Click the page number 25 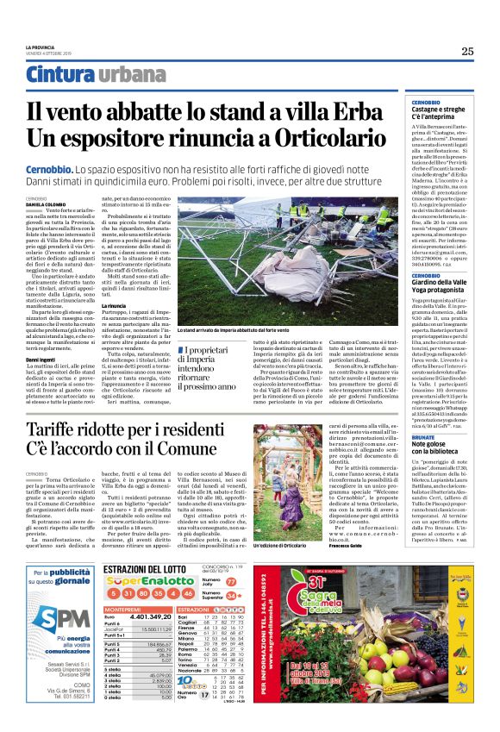(466, 51)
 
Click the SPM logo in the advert (58, 616)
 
